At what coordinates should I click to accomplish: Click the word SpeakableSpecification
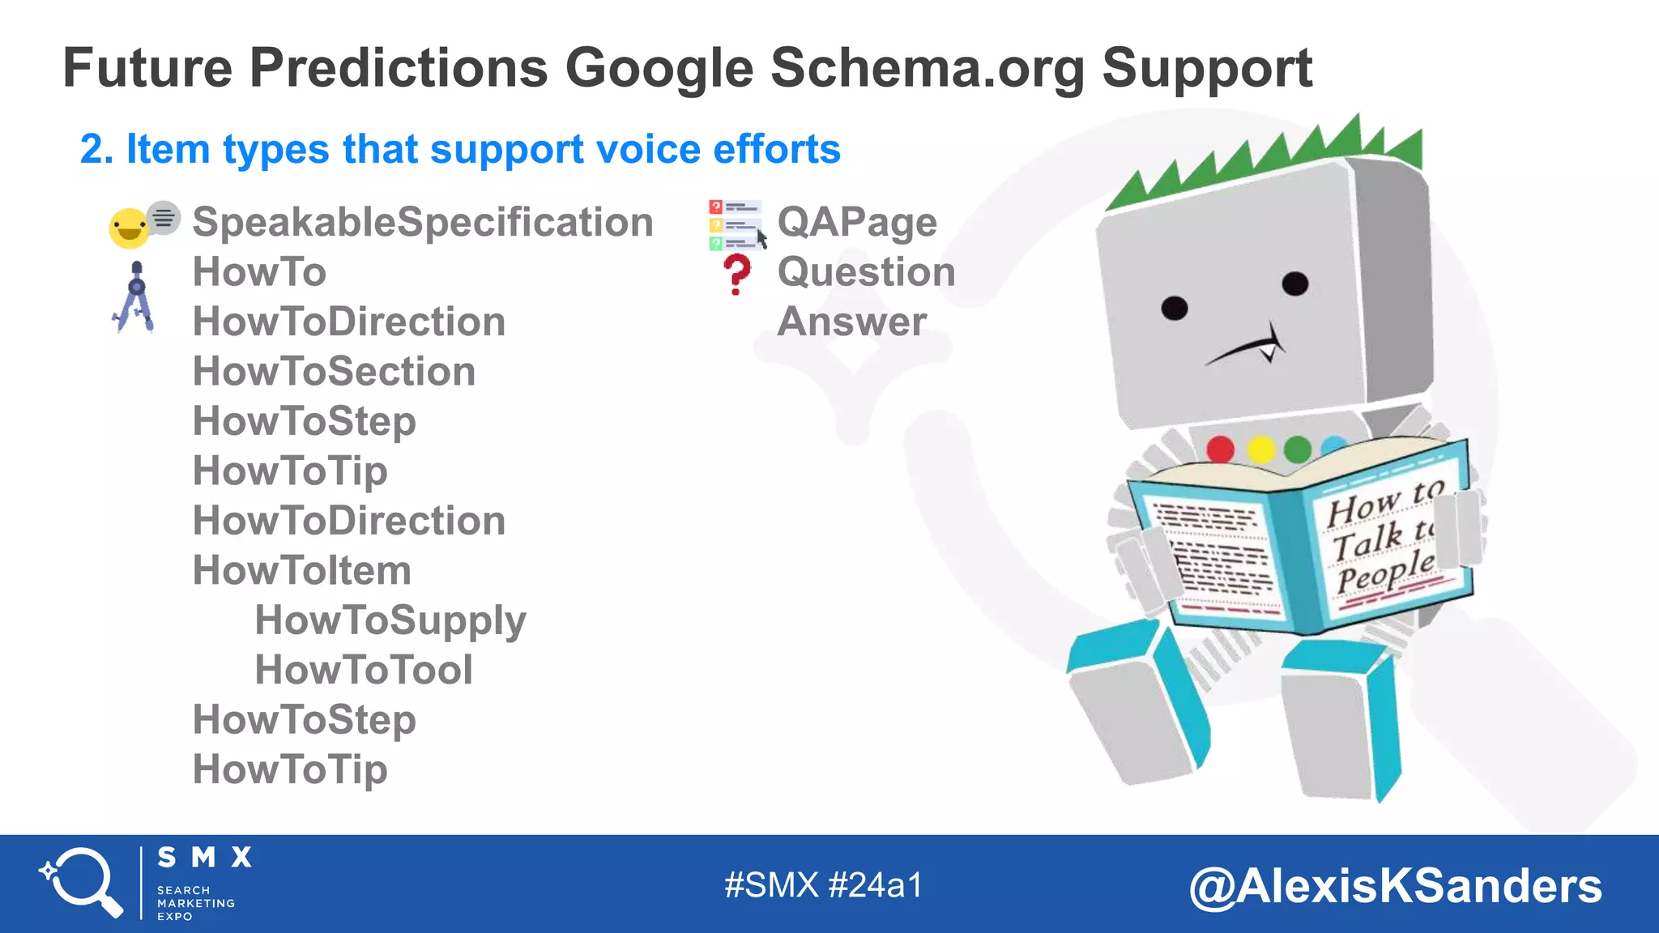pyautogui.click(x=423, y=223)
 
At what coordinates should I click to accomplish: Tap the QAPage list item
pyautogui.click(x=857, y=223)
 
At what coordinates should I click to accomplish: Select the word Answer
pyautogui.click(x=851, y=322)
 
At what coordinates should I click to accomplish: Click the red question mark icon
pyautogui.click(x=736, y=274)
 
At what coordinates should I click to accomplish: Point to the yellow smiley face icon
pyautogui.click(x=129, y=228)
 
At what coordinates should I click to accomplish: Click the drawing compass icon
pyautogui.click(x=135, y=297)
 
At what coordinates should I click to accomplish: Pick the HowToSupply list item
pyautogui.click(x=390, y=620)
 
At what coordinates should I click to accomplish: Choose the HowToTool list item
pyautogui.click(x=364, y=671)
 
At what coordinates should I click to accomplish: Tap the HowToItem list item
pyautogui.click(x=301, y=571)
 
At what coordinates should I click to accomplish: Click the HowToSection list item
pyautogui.click(x=334, y=372)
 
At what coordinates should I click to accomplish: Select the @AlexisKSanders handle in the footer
pyautogui.click(x=1395, y=886)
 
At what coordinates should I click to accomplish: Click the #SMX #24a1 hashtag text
pyautogui.click(x=823, y=885)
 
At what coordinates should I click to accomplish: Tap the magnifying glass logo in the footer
pyautogui.click(x=82, y=882)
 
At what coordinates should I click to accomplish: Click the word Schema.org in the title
pyautogui.click(x=927, y=68)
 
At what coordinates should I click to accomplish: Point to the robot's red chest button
pyautogui.click(x=1220, y=449)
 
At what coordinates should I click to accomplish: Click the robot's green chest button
pyautogui.click(x=1298, y=449)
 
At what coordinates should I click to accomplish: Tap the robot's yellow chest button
pyautogui.click(x=1260, y=449)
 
